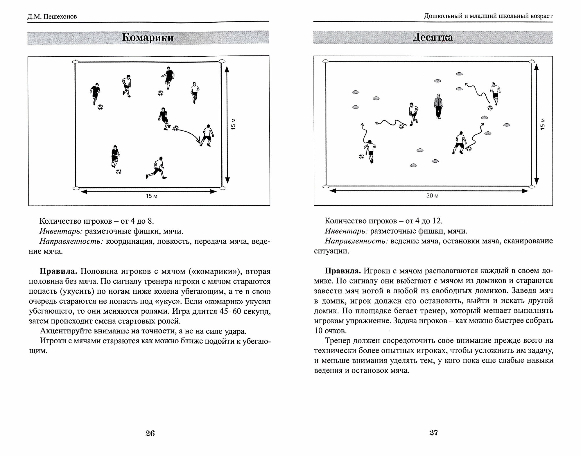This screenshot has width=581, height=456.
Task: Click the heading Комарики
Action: (148, 38)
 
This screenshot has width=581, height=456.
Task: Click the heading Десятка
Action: (433, 38)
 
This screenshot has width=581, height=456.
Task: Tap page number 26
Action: (150, 434)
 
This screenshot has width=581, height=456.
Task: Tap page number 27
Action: (433, 433)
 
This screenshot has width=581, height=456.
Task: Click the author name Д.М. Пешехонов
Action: (52, 17)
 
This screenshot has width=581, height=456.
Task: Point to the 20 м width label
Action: (432, 196)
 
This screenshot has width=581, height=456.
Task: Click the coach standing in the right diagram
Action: (438, 106)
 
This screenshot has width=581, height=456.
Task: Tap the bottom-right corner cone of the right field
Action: (532, 187)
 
